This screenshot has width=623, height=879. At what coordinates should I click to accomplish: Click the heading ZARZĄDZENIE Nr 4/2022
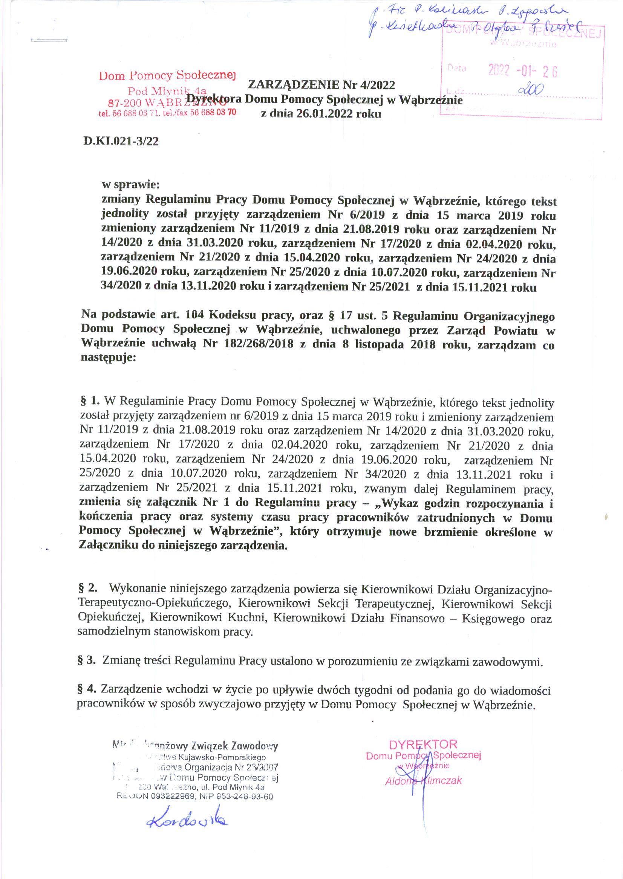(x=321, y=84)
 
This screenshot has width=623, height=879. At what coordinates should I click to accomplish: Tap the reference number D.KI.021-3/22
(x=121, y=142)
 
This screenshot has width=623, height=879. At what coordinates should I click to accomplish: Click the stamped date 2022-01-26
(x=522, y=71)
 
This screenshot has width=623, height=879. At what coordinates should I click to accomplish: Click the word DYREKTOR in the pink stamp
(x=423, y=745)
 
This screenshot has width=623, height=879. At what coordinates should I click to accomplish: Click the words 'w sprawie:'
(x=130, y=185)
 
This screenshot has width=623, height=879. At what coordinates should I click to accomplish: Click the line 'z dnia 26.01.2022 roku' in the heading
(x=321, y=114)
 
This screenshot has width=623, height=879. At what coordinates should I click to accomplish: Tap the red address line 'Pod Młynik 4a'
(x=167, y=91)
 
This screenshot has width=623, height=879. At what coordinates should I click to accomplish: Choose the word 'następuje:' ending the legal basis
(x=108, y=358)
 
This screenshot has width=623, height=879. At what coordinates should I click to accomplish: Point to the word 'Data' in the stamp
(x=456, y=69)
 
